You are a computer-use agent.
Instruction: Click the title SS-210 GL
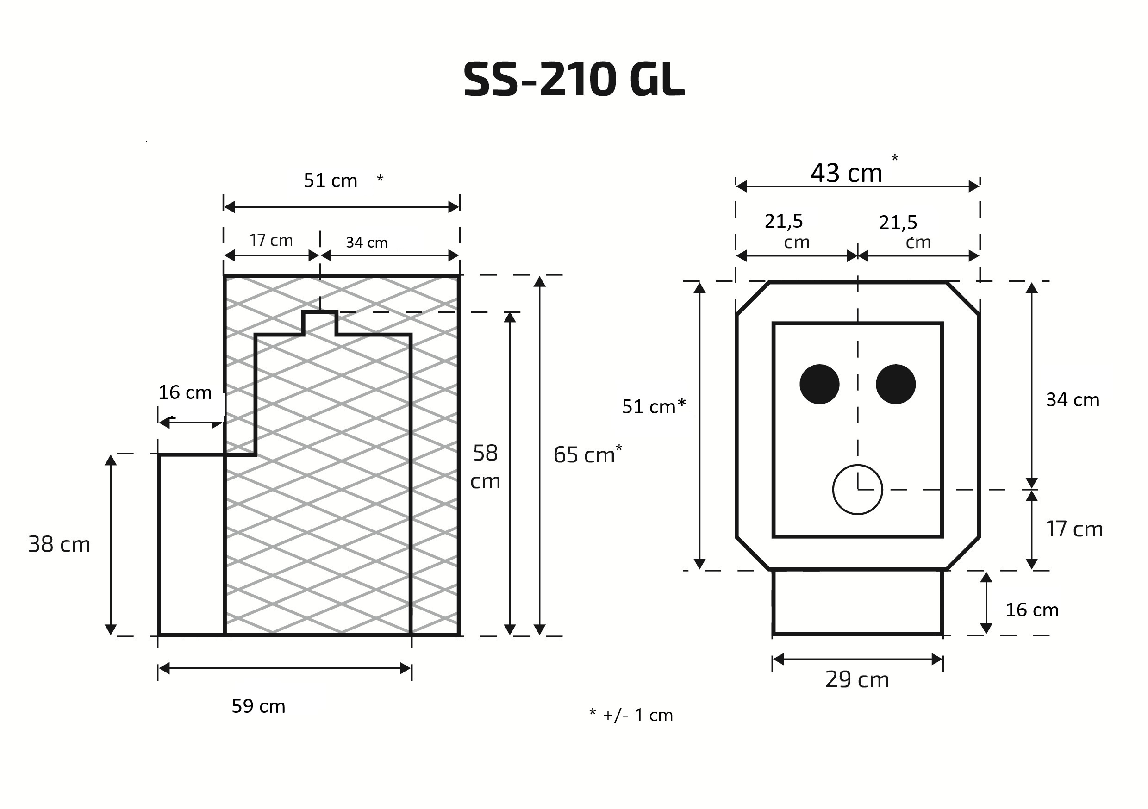[x=574, y=80]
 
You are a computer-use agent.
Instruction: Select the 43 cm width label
[x=846, y=173]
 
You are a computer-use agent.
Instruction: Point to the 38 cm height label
[x=60, y=544]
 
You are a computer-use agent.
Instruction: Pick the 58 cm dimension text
[x=485, y=467]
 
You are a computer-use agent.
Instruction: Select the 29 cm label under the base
[x=857, y=679]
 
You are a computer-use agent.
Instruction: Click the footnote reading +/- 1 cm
[x=637, y=716]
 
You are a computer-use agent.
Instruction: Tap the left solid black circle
[x=819, y=384]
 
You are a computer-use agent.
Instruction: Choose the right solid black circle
[x=896, y=384]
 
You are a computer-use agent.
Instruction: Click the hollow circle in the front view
[x=857, y=490]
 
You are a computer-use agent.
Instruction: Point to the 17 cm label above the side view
[x=271, y=241]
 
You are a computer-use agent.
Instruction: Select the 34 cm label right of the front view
[x=1073, y=400]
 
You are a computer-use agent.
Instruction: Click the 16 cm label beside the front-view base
[x=1032, y=610]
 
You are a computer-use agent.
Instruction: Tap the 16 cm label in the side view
[x=185, y=392]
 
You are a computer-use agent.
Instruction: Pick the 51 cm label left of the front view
[x=654, y=406]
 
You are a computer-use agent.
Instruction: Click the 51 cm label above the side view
[x=331, y=180]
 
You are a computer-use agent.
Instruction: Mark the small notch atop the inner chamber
[x=320, y=323]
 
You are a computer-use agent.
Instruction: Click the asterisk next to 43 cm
[x=894, y=158]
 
